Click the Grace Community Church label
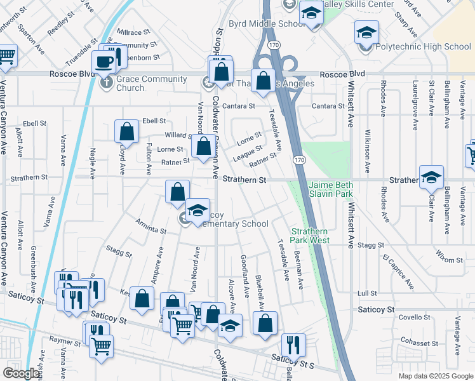(x=151, y=84)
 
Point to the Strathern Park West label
(x=310, y=236)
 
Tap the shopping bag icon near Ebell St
(x=127, y=131)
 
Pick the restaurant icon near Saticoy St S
(x=293, y=345)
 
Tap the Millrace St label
(x=133, y=31)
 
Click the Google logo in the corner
(x=21, y=373)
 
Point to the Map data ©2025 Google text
(x=435, y=376)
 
